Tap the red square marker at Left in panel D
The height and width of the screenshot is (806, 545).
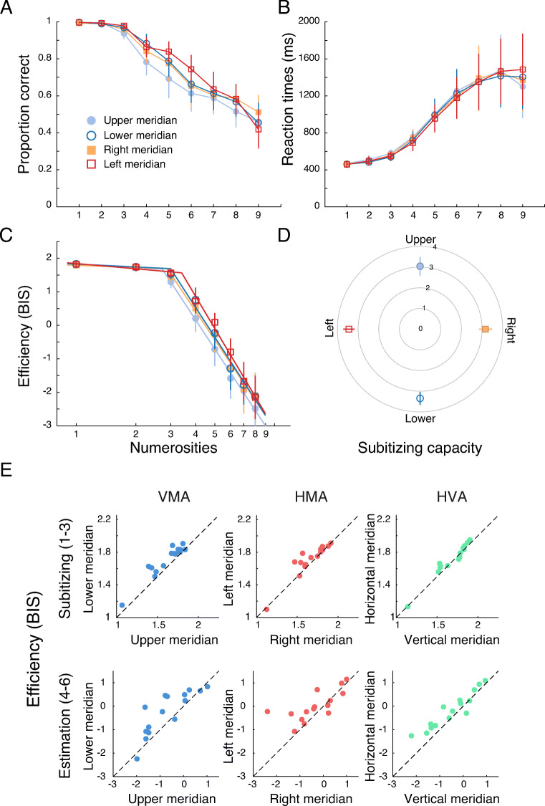[x=349, y=329]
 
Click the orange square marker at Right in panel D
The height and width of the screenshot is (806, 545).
[x=486, y=329]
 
